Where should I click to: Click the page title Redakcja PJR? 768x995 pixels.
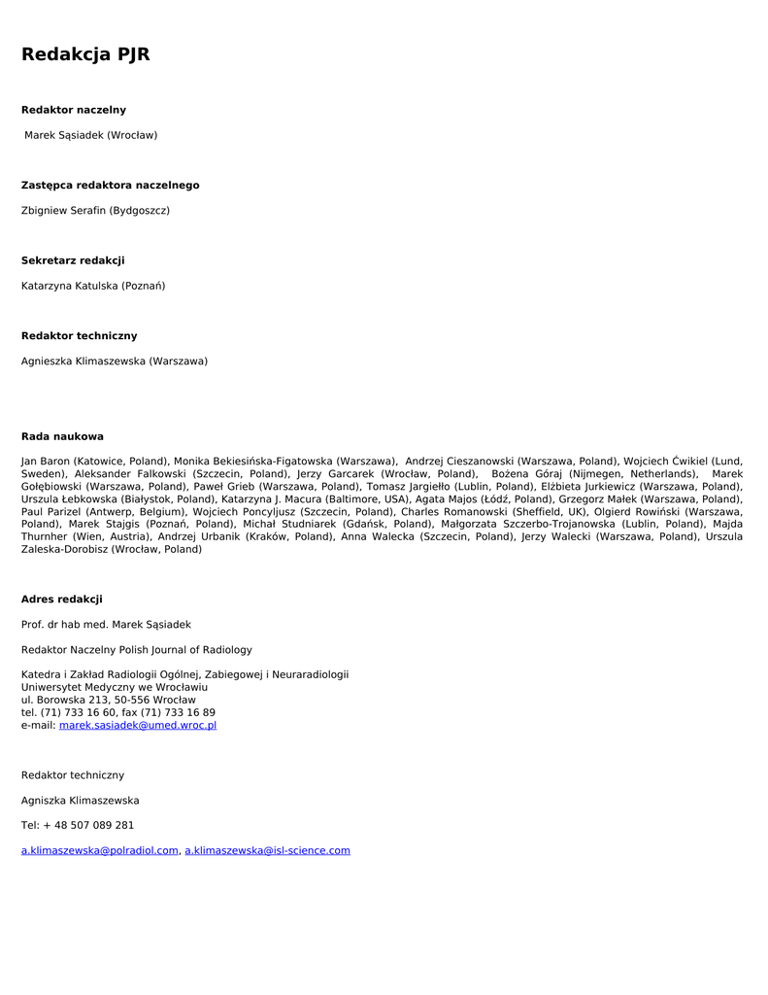(85, 54)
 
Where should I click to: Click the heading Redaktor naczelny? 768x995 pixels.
(74, 110)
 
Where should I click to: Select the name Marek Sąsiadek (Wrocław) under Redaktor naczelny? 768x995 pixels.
(90, 135)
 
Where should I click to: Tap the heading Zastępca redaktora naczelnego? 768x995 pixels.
(110, 186)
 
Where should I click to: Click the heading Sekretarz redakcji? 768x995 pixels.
(73, 260)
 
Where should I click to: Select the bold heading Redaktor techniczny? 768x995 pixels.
(79, 336)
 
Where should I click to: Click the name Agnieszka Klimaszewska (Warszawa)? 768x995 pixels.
(115, 361)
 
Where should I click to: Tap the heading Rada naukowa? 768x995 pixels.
(62, 436)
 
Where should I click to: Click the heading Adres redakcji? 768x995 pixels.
(61, 600)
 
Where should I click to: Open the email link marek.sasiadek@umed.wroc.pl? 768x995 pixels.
(138, 725)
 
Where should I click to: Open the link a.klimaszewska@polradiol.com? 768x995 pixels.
(100, 850)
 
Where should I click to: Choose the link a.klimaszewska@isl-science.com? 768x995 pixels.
(267, 850)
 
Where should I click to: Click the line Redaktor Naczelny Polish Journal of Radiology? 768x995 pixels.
(137, 650)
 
